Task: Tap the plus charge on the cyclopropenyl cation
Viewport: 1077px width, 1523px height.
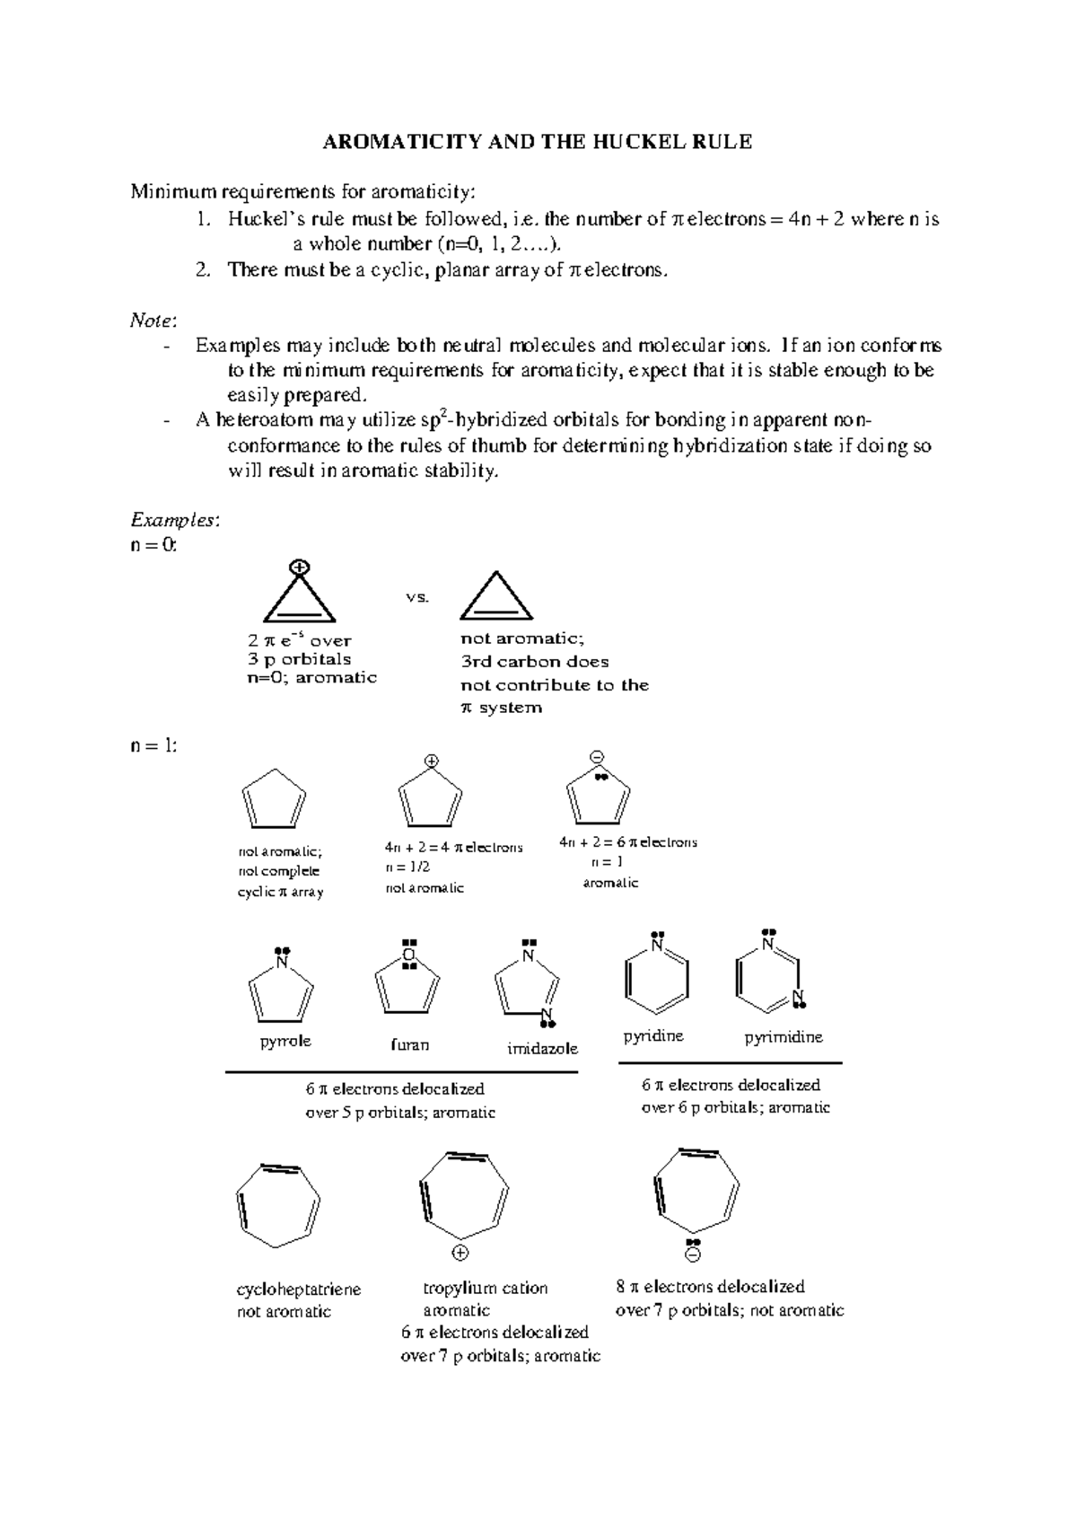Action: [x=300, y=567]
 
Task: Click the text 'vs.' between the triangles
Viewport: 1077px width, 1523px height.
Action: [x=417, y=596]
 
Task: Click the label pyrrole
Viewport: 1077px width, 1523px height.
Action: [x=285, y=1041]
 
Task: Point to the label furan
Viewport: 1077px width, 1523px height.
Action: [x=409, y=1045]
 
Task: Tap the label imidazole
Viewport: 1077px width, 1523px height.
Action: [x=542, y=1049]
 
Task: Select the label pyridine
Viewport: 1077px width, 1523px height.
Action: [x=653, y=1036]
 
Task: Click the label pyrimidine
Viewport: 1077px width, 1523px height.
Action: [x=784, y=1037]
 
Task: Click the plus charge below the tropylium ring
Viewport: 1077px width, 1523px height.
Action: [x=460, y=1253]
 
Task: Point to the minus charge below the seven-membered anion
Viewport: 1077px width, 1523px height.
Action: [x=693, y=1254]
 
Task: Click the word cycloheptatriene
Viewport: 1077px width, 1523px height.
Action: [x=298, y=1290]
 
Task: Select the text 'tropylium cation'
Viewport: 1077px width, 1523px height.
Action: [x=485, y=1288]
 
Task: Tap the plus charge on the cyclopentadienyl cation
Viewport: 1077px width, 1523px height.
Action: [x=432, y=761]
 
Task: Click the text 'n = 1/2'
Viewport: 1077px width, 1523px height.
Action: [x=407, y=867]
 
